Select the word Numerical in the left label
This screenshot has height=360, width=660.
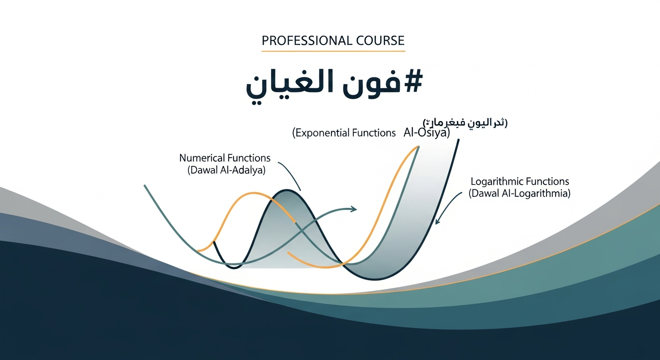point(202,158)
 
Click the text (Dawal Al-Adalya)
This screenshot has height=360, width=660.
point(226,171)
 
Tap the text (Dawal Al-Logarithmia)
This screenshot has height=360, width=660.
point(519,193)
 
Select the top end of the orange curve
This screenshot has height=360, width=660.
point(417,147)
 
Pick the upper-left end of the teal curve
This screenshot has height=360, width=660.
point(145,186)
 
